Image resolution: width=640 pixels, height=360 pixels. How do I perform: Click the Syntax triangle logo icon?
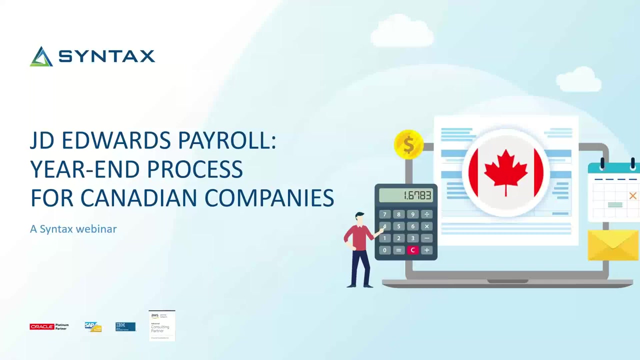(41, 56)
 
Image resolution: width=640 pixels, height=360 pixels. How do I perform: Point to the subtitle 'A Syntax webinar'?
(73, 229)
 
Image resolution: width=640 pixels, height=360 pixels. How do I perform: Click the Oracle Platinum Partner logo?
(49, 326)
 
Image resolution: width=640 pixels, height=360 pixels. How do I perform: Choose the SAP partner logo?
(93, 327)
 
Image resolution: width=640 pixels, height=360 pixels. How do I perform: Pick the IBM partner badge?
(125, 327)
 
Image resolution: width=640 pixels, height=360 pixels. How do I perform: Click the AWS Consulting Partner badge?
(161, 325)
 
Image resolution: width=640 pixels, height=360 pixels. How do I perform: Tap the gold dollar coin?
(408, 145)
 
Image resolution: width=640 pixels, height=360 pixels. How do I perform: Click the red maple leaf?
(506, 170)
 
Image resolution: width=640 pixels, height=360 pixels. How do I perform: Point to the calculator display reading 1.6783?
(406, 195)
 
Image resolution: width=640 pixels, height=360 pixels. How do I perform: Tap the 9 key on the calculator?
(412, 214)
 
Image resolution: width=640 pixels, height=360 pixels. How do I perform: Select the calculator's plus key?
(426, 250)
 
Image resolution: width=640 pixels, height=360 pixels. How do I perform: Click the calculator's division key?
(426, 214)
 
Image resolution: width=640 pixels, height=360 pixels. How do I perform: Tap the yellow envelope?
(613, 245)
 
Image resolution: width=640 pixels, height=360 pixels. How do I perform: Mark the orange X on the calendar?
(632, 196)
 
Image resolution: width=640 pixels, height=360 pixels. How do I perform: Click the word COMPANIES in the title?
(269, 198)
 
